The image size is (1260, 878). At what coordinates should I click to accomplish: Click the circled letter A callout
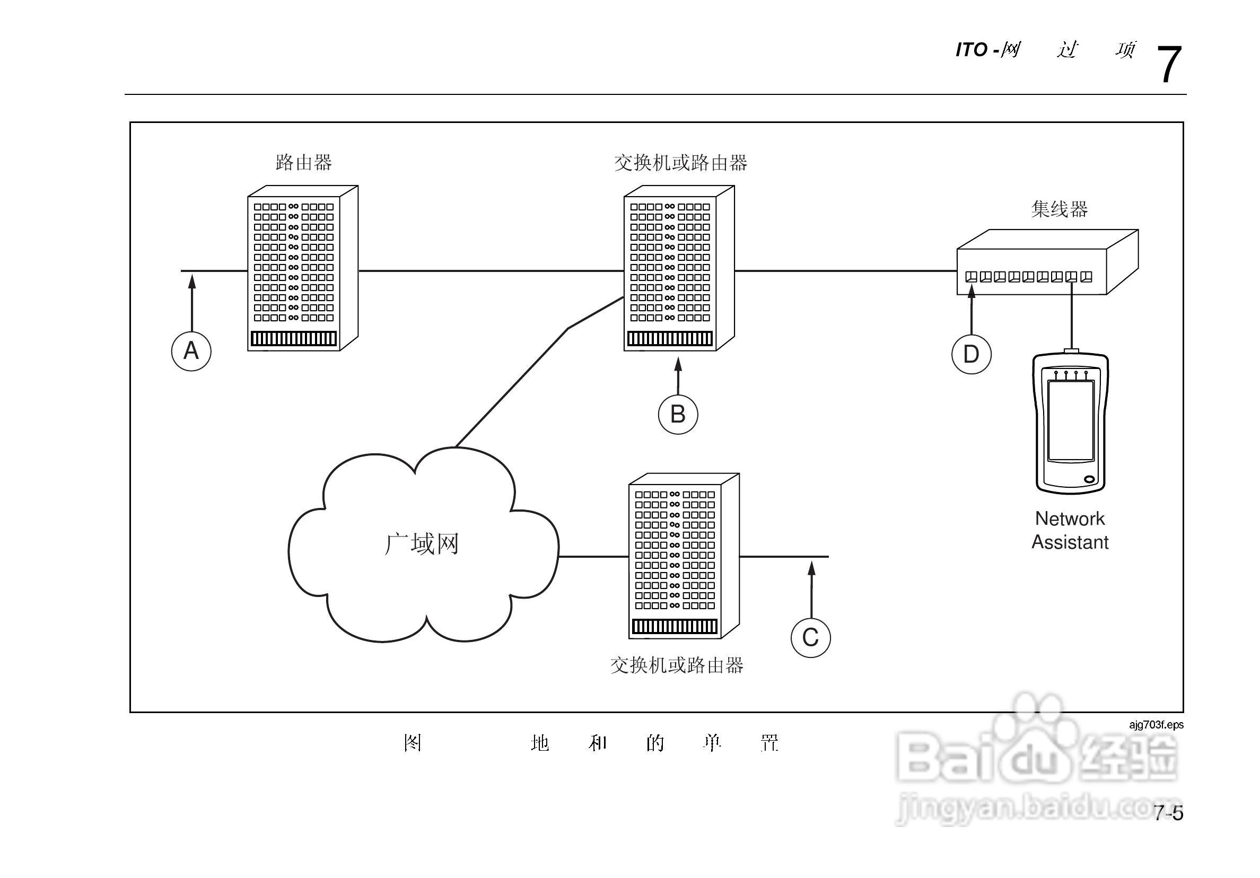(191, 351)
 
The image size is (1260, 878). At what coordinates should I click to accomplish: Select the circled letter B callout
(678, 414)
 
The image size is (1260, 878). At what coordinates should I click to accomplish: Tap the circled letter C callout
(810, 638)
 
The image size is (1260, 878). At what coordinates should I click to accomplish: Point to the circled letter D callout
(972, 355)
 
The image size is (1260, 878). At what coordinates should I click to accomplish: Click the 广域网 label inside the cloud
(422, 544)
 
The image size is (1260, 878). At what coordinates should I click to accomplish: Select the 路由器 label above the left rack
(303, 162)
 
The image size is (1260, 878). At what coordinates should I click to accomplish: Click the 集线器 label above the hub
(1059, 209)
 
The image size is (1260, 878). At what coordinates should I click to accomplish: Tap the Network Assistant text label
(1070, 531)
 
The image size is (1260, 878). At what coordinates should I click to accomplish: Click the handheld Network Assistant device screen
(1071, 420)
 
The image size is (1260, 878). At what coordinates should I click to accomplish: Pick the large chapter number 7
(1168, 65)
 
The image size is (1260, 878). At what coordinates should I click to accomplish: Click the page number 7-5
(1168, 813)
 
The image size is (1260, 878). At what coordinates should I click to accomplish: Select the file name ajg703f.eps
(1156, 725)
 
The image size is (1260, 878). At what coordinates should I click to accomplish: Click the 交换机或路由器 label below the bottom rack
(677, 665)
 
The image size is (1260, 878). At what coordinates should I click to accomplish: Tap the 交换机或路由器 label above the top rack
(680, 163)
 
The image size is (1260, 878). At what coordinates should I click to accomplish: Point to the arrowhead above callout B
(678, 364)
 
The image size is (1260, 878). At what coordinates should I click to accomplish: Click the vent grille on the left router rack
(294, 339)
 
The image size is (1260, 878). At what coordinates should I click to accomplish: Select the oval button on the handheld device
(1089, 480)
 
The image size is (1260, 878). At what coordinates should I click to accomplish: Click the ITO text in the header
(972, 50)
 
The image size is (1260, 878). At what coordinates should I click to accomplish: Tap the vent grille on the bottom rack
(675, 626)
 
